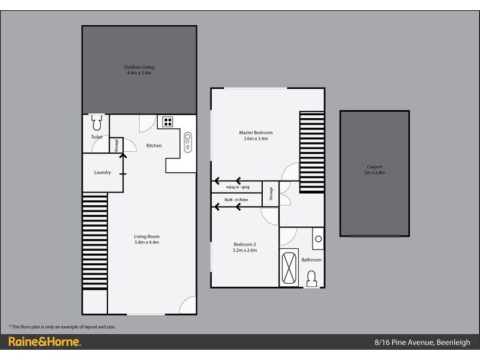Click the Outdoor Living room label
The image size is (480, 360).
coord(139,70)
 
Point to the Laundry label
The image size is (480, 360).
coord(102,173)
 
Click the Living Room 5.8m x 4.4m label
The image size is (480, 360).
coord(147,240)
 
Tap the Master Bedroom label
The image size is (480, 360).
coord(256,135)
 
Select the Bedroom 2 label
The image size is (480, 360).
coord(245,247)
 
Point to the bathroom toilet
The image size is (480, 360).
coord(312,278)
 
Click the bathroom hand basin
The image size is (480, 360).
coord(318,239)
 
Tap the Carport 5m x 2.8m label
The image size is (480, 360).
coord(374,170)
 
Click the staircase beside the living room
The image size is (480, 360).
coord(94,240)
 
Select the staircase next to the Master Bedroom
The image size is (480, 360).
coord(311,151)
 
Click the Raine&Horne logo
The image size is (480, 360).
coord(44,343)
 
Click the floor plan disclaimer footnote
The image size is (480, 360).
coord(62,326)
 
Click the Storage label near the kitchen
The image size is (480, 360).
coord(116,145)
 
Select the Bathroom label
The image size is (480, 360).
coord(311,260)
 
